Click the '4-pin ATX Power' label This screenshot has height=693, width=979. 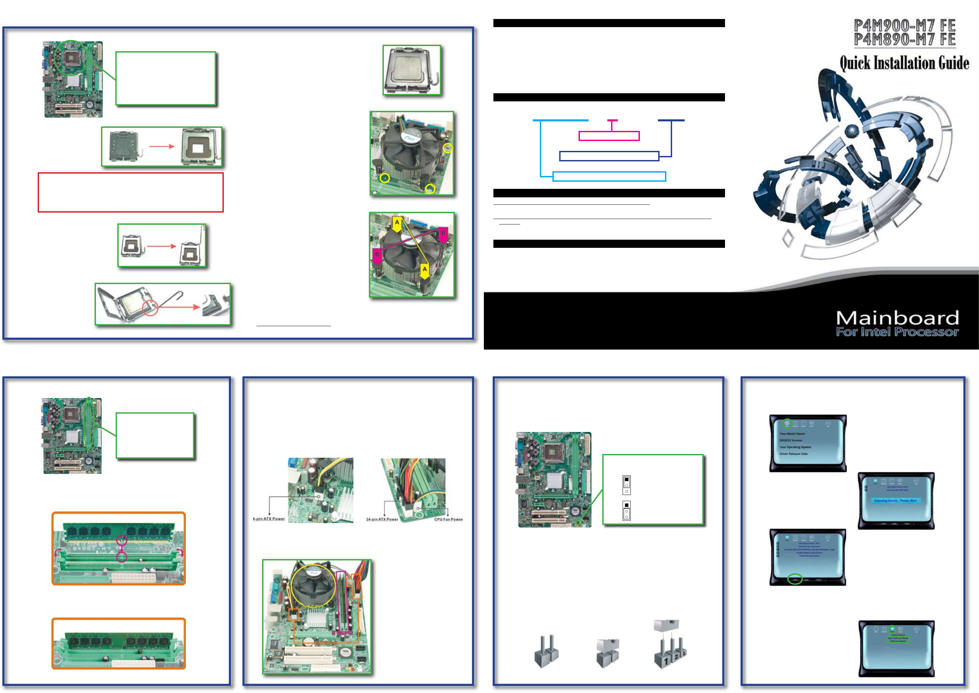269,519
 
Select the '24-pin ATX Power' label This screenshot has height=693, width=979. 382,519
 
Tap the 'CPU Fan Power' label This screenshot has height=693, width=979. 448,519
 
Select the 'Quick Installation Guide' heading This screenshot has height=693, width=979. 904,63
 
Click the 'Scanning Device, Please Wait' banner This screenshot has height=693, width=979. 895,500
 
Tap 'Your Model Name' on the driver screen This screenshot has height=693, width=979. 792,434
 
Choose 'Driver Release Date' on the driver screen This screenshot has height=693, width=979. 794,454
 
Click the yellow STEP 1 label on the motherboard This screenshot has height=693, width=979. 314,606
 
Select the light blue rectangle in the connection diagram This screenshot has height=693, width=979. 609,176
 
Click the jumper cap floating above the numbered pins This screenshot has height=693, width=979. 666,625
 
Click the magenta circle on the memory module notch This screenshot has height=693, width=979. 122,540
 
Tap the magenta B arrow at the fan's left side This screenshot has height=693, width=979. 377,256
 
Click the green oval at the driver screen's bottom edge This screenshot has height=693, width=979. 795,579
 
